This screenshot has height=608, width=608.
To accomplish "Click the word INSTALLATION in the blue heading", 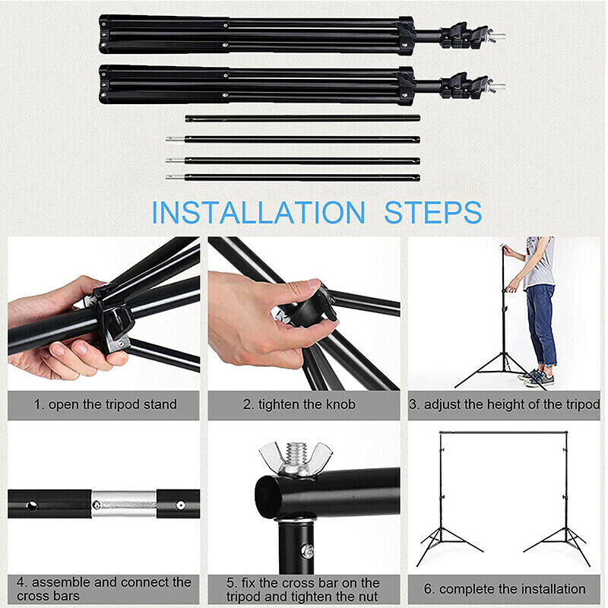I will [x=258, y=212].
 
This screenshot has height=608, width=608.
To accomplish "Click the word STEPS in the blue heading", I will [x=432, y=212].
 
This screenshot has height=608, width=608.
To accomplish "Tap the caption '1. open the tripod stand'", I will [x=104, y=404].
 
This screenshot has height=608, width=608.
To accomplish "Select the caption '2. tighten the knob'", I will [x=299, y=404].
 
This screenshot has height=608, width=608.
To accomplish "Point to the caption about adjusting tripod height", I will [x=504, y=404].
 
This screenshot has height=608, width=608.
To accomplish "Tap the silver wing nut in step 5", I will [x=296, y=458].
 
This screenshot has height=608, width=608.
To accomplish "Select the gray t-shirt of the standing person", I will [x=540, y=263].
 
